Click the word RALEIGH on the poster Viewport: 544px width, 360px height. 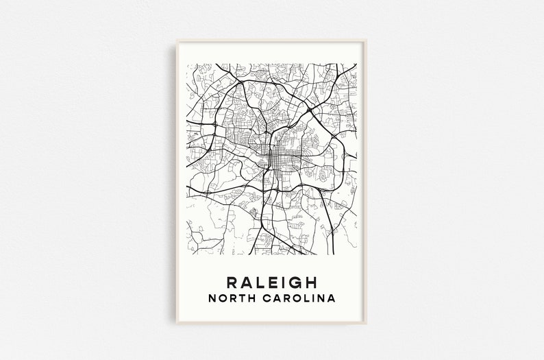[x=271, y=282]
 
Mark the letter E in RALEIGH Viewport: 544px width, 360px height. [x=272, y=282]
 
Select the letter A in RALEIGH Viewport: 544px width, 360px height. [x=245, y=282]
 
